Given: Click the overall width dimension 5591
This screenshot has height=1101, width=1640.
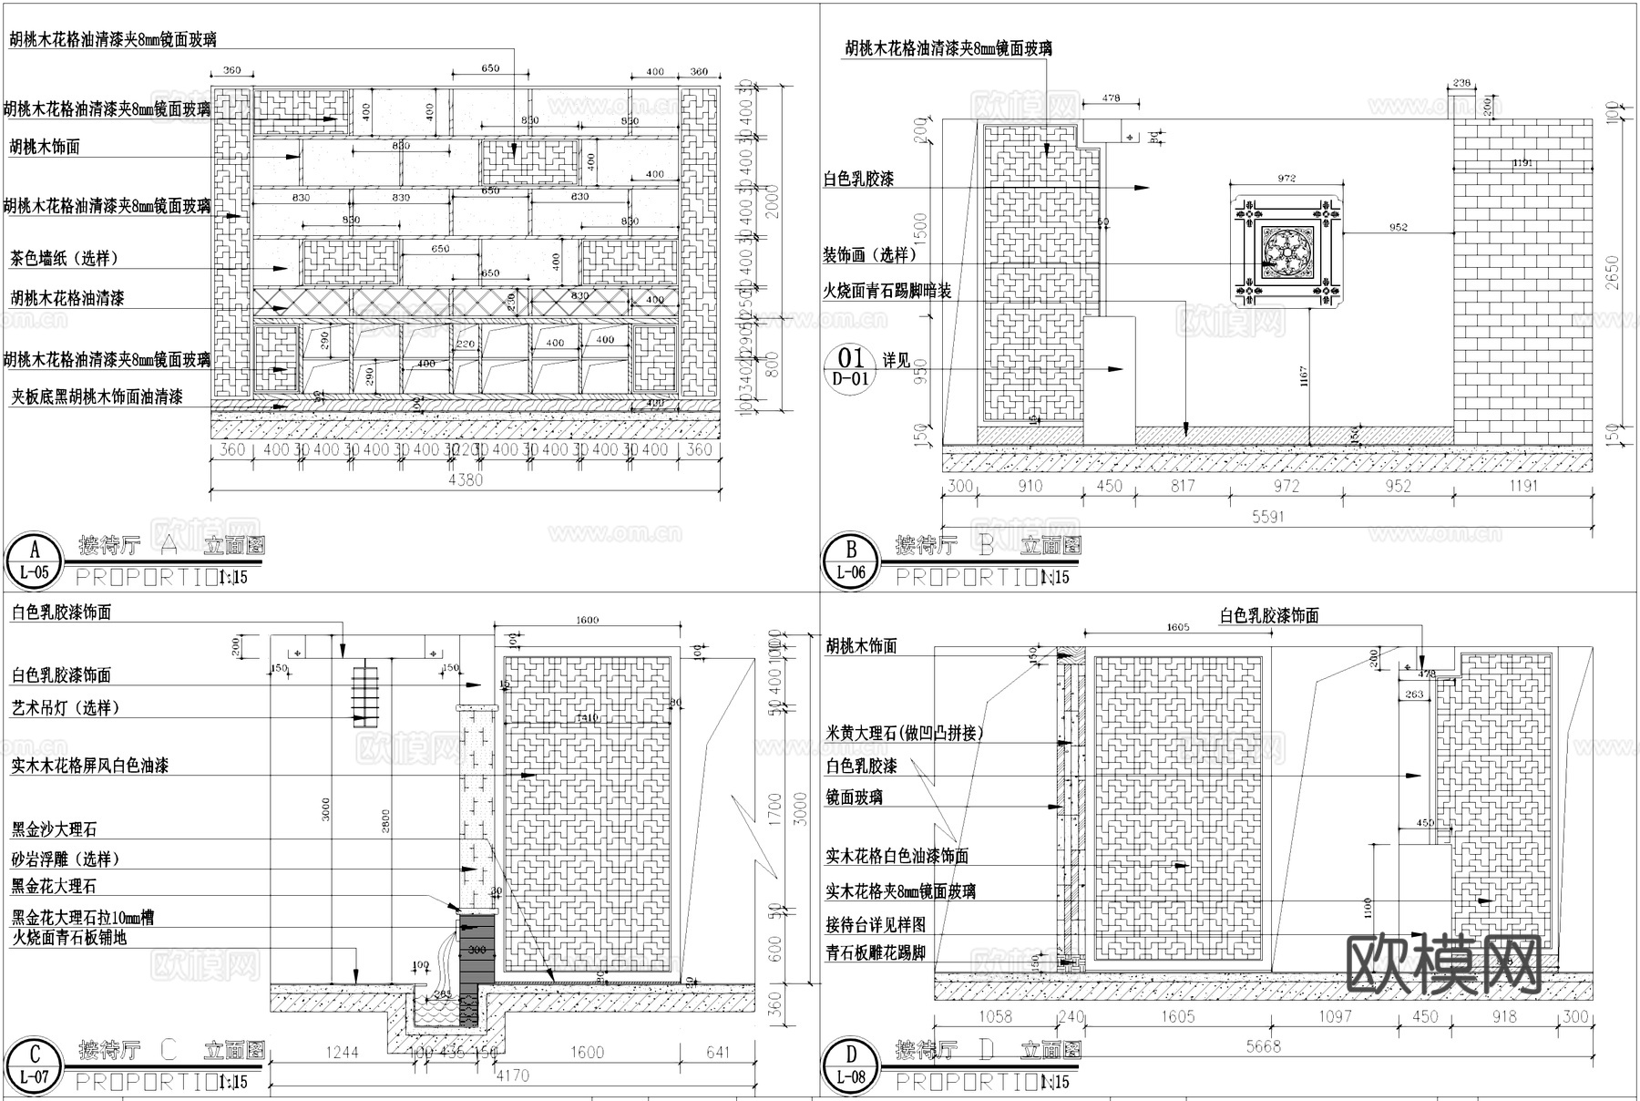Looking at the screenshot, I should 1267,517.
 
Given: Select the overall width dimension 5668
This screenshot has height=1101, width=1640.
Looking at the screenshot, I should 1264,1046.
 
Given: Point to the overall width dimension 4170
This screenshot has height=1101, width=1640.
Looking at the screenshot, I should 513,1076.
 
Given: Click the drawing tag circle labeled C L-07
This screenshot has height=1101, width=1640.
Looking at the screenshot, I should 35,1065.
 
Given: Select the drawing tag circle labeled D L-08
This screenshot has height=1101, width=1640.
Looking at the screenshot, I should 851,1065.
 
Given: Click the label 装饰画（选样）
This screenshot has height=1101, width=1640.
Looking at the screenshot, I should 866,255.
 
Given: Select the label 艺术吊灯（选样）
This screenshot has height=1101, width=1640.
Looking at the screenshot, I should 65,708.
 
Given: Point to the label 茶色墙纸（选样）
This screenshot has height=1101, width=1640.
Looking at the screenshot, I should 65,259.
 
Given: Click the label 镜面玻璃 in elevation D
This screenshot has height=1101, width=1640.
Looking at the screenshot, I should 854,797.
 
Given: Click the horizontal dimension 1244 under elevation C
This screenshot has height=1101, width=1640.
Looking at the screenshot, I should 343,1053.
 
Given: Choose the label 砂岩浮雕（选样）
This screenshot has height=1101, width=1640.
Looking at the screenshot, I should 65,859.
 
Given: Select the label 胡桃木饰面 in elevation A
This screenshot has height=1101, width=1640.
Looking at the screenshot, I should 45,147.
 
